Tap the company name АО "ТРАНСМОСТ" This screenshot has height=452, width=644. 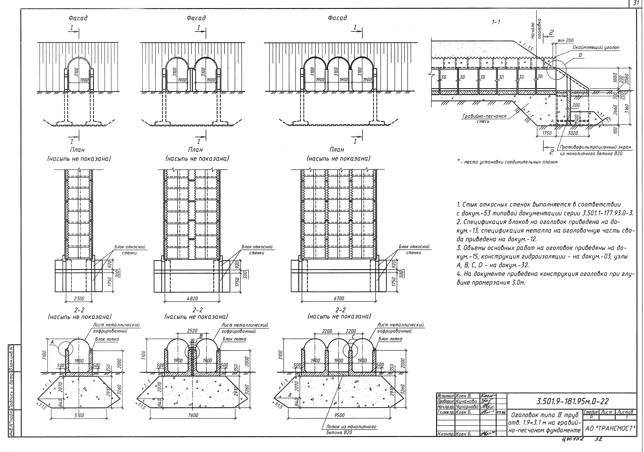[610, 428]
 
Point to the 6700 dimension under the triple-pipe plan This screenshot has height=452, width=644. [339, 299]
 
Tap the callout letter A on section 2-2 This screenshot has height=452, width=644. [52, 342]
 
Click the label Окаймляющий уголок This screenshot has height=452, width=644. [596, 48]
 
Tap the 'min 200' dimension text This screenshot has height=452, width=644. [565, 41]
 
